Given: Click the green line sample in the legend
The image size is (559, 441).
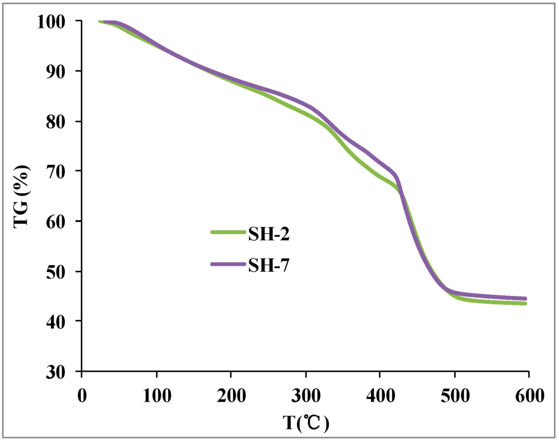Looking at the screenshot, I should (228, 233).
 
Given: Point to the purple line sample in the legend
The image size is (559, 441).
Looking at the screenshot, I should (228, 264).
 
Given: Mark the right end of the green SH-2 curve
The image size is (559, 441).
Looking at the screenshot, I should (525, 303).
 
